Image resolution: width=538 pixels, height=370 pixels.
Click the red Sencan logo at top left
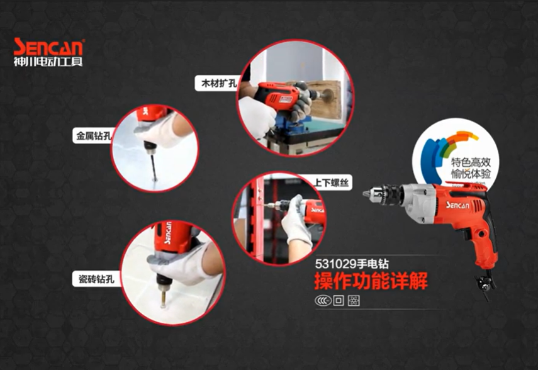[x=48, y=47]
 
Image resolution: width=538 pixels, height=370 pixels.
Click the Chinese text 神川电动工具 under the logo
[x=48, y=62]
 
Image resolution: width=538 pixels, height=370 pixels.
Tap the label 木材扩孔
[x=219, y=83]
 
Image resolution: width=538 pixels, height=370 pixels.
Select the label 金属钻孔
[x=93, y=136]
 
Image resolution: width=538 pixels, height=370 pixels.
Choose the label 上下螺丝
[x=331, y=182]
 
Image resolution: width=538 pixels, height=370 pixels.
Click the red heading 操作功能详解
[x=371, y=281]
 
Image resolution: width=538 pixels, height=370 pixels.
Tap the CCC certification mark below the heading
[x=323, y=301]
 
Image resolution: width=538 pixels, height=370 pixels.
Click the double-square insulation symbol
[x=339, y=301]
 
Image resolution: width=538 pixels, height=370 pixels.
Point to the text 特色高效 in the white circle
[x=471, y=162]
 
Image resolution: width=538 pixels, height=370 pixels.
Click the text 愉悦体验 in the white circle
[x=471, y=174]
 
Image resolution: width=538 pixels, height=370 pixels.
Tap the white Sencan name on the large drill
[x=457, y=205]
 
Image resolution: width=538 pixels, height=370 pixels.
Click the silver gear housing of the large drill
[x=418, y=198]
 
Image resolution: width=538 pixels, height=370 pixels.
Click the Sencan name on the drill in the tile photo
[x=167, y=233]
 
